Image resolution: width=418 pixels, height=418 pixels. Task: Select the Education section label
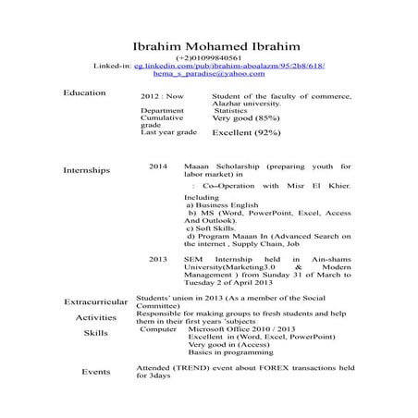pos(84,93)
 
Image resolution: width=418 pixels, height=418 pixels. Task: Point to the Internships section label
pos(86,170)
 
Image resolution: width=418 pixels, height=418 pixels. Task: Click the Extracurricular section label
pos(96,302)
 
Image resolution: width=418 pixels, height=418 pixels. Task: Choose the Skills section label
pos(95,332)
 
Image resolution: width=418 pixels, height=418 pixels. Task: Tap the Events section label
pos(95,371)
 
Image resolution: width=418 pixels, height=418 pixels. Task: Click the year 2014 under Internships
pos(158,166)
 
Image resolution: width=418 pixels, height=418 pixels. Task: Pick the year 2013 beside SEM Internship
pos(158,259)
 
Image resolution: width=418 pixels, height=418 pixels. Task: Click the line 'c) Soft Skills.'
pos(210,228)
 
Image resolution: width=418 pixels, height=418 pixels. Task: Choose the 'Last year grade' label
pos(168,132)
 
